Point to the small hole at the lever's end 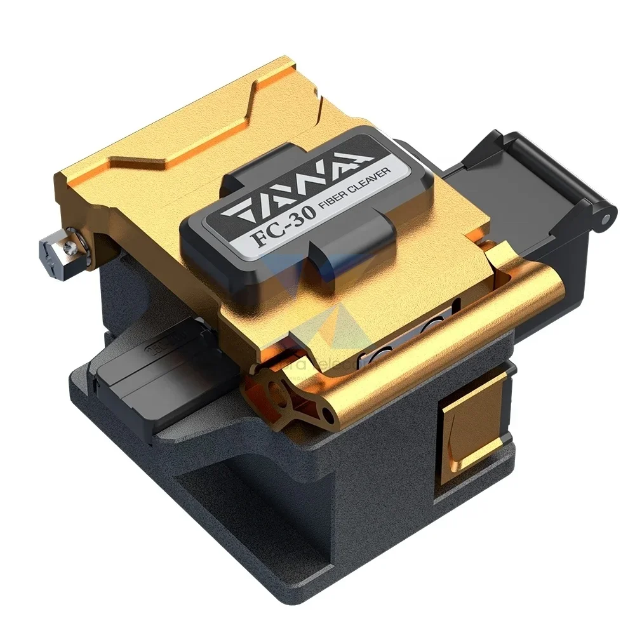click(326, 415)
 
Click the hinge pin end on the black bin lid click(607, 218)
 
